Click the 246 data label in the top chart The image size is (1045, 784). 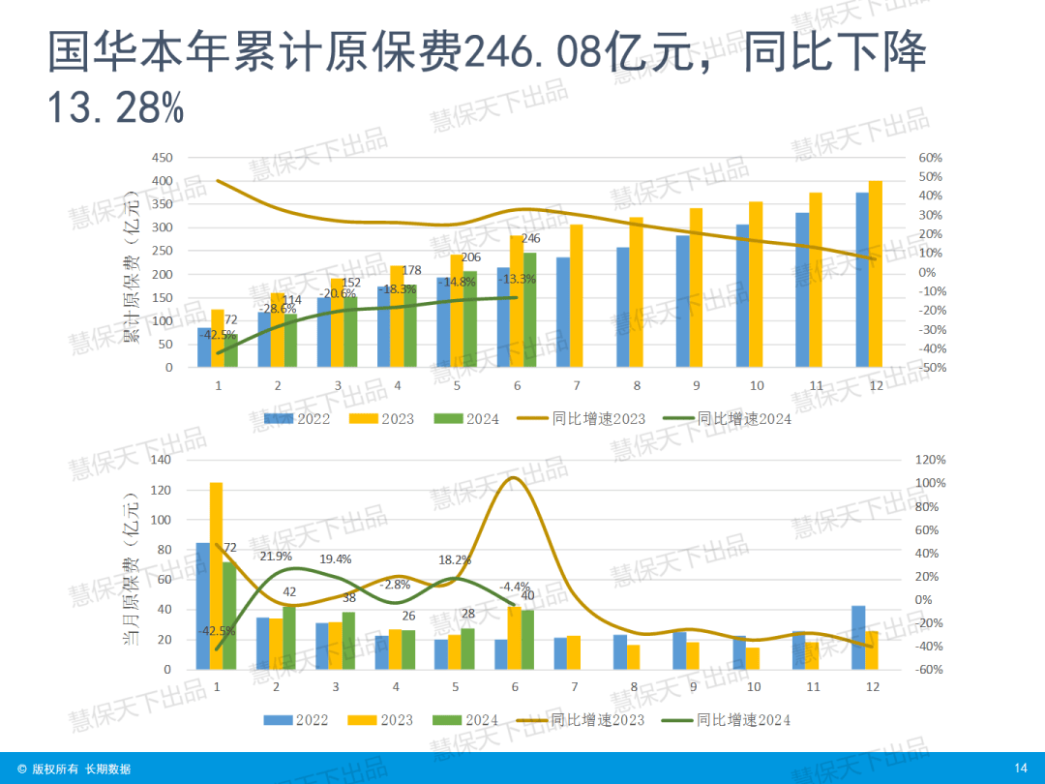pos(530,238)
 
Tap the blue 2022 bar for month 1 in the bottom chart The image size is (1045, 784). pos(203,606)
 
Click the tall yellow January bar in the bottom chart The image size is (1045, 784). pos(216,575)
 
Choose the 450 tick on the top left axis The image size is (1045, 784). pos(162,158)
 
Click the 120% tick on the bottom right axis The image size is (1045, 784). pos(931,460)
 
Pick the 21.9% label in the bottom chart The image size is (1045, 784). pos(276,557)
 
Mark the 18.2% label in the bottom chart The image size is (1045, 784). pos(455,559)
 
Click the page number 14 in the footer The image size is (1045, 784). pos(1020,769)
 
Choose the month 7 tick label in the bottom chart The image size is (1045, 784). pos(574,686)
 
